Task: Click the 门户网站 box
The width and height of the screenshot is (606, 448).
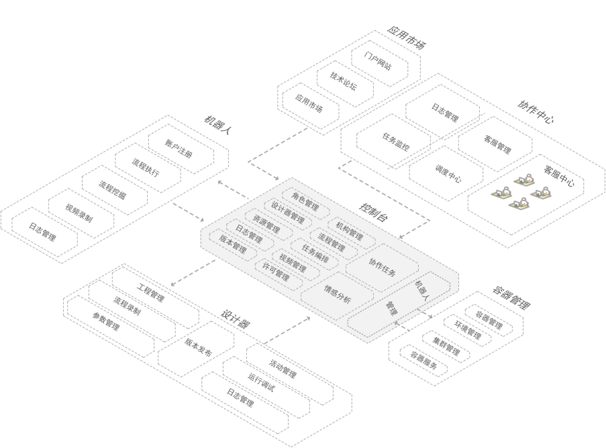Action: point(380,62)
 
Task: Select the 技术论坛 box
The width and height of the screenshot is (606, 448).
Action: point(345,83)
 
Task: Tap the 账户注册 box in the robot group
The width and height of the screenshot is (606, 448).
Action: point(181,149)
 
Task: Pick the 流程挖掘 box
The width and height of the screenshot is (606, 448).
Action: point(114,190)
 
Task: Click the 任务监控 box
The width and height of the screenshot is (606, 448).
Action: point(393,142)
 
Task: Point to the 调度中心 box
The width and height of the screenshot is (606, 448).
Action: point(446,173)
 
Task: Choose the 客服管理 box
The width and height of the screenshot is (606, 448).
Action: point(495,144)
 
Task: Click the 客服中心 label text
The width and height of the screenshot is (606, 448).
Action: point(558,175)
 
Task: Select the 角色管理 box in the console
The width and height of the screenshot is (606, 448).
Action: point(306,201)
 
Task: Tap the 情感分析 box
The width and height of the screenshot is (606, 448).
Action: point(338,295)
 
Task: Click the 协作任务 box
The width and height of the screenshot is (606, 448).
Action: point(382,267)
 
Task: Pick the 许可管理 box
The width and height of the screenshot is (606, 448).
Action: point(279,274)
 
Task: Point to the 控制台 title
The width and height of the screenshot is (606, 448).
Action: point(373,212)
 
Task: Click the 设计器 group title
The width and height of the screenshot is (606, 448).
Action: point(236,319)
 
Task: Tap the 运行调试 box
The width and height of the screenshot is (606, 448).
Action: point(266,387)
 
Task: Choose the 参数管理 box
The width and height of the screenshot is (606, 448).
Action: point(111,326)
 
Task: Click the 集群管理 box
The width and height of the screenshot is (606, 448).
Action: point(446,347)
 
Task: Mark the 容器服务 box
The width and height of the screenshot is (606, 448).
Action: point(423,360)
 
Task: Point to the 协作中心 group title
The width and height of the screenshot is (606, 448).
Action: point(536,111)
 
